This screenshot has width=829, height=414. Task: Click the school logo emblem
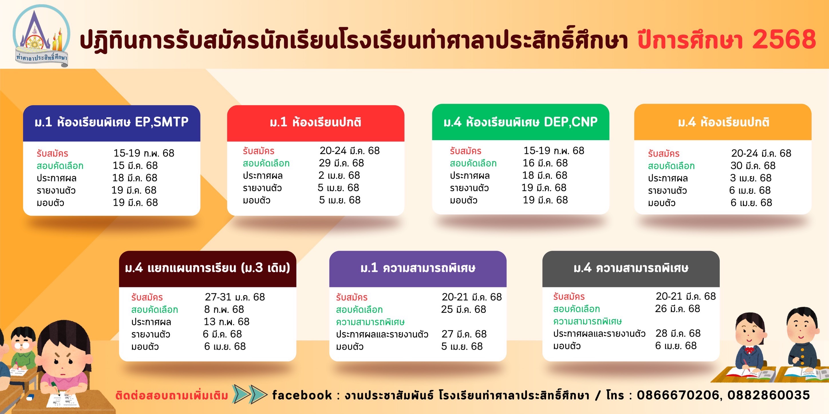click(41, 36)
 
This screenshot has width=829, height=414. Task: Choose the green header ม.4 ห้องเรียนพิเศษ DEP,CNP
click(520, 122)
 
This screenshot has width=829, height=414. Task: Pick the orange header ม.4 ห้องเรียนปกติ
click(723, 122)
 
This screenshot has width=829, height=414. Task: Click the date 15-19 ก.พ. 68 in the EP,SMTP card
click(144, 153)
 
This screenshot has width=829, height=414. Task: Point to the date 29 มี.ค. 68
click(342, 163)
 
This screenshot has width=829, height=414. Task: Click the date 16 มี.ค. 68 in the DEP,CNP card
click(545, 163)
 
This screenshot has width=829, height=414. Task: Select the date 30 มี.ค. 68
click(753, 166)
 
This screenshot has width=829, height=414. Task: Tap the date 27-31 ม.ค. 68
click(235, 297)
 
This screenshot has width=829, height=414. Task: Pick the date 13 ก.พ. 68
click(226, 322)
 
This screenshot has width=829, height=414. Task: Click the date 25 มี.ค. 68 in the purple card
click(464, 309)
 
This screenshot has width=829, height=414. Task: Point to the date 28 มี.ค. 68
click(678, 333)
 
